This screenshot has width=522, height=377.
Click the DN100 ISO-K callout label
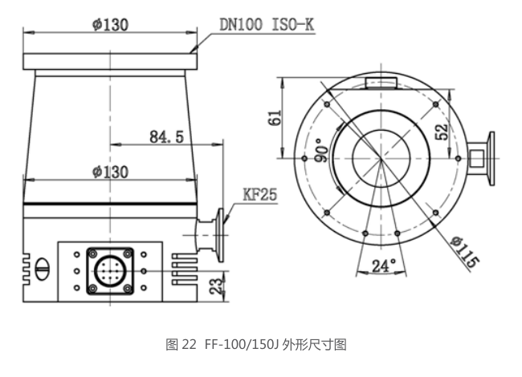click(x=267, y=24)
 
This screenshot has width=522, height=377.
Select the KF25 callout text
click(x=259, y=194)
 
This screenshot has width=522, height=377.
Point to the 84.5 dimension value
click(x=166, y=136)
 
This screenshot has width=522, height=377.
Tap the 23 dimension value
click(x=216, y=286)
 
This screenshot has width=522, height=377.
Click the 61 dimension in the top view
click(x=275, y=117)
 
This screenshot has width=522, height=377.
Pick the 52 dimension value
click(x=442, y=132)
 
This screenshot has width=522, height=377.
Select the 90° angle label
click(x=321, y=150)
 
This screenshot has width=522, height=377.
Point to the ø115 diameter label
click(x=465, y=252)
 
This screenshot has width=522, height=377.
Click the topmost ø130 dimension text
click(x=110, y=24)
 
